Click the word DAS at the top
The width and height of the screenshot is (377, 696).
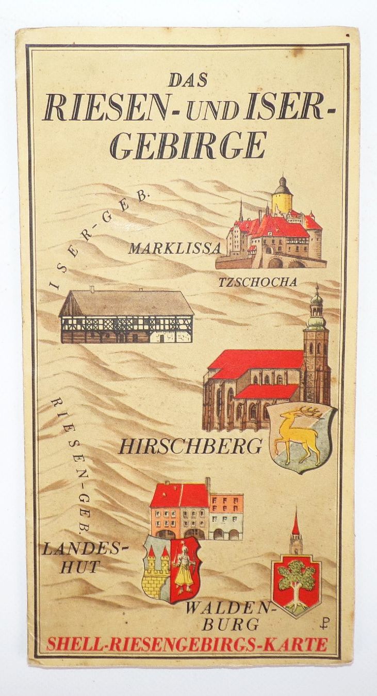click(188, 80)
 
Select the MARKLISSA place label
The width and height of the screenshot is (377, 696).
click(175, 249)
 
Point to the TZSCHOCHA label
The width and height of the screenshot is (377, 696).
click(258, 282)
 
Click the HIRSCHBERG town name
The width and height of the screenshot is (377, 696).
click(190, 446)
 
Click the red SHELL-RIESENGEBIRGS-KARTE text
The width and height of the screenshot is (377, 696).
click(187, 644)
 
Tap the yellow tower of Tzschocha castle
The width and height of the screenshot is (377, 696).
click(282, 199)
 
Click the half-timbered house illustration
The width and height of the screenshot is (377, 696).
click(126, 316)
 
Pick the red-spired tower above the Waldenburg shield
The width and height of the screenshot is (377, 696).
click(296, 531)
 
